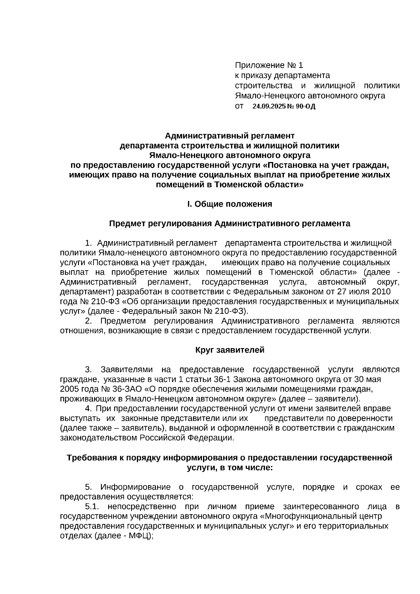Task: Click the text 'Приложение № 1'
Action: coord(268,65)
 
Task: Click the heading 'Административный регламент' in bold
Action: coord(230,135)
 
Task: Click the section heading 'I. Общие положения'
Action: coord(230,204)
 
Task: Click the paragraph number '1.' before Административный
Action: coord(89,243)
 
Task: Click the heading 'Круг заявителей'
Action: coord(230,350)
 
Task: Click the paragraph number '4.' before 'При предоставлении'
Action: coord(89,408)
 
